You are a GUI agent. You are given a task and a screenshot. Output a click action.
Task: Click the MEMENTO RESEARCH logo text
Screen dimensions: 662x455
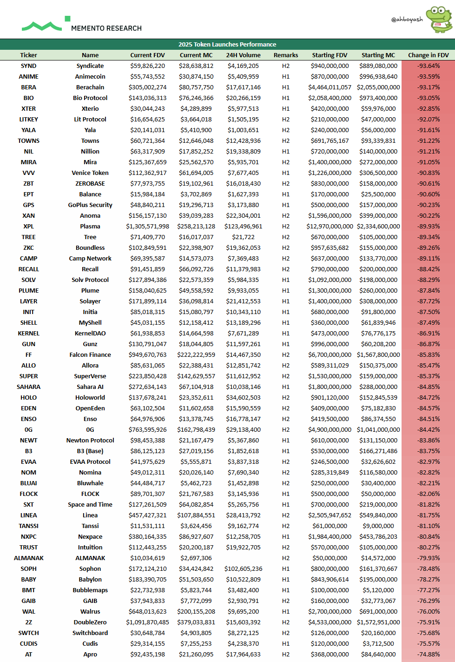[x=106, y=28]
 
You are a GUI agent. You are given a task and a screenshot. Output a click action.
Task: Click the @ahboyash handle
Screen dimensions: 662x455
[x=407, y=20]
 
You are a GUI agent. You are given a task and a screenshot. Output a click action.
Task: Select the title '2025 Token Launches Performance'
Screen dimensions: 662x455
[x=227, y=45]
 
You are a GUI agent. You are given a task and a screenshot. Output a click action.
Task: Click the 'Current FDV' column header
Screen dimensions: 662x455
[x=147, y=55]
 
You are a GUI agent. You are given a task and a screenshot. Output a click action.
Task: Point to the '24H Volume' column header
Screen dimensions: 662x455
[x=243, y=55]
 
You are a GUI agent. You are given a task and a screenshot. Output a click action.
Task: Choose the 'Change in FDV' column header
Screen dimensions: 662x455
[x=428, y=55]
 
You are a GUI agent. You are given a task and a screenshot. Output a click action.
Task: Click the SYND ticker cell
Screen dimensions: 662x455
[x=28, y=66]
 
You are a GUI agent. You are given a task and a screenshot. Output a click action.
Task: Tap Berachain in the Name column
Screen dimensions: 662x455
[x=90, y=87]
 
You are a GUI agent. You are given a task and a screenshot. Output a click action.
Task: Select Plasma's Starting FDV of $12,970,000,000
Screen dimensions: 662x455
[x=330, y=227]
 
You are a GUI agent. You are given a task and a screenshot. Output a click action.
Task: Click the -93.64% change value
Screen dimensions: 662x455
[x=428, y=66]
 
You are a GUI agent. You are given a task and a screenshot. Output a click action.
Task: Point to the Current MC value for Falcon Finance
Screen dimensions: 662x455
[x=196, y=355]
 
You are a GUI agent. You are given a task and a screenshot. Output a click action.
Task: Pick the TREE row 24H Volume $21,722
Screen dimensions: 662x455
[x=243, y=237]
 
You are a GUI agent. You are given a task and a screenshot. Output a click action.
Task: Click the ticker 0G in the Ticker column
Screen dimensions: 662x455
[x=28, y=430]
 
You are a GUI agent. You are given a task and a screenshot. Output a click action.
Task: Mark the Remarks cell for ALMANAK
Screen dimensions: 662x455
[x=285, y=558]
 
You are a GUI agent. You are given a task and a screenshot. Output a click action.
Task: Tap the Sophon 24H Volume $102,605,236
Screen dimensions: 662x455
[x=243, y=569]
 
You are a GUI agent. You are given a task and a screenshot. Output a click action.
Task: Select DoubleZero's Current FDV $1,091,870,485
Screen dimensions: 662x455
[x=147, y=622]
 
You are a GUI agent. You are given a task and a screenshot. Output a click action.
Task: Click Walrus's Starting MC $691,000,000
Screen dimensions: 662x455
[x=378, y=612]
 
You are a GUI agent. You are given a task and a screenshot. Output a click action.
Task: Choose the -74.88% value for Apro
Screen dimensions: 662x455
[x=428, y=655]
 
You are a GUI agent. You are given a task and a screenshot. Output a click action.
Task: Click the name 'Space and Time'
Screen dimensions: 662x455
[x=90, y=505]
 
